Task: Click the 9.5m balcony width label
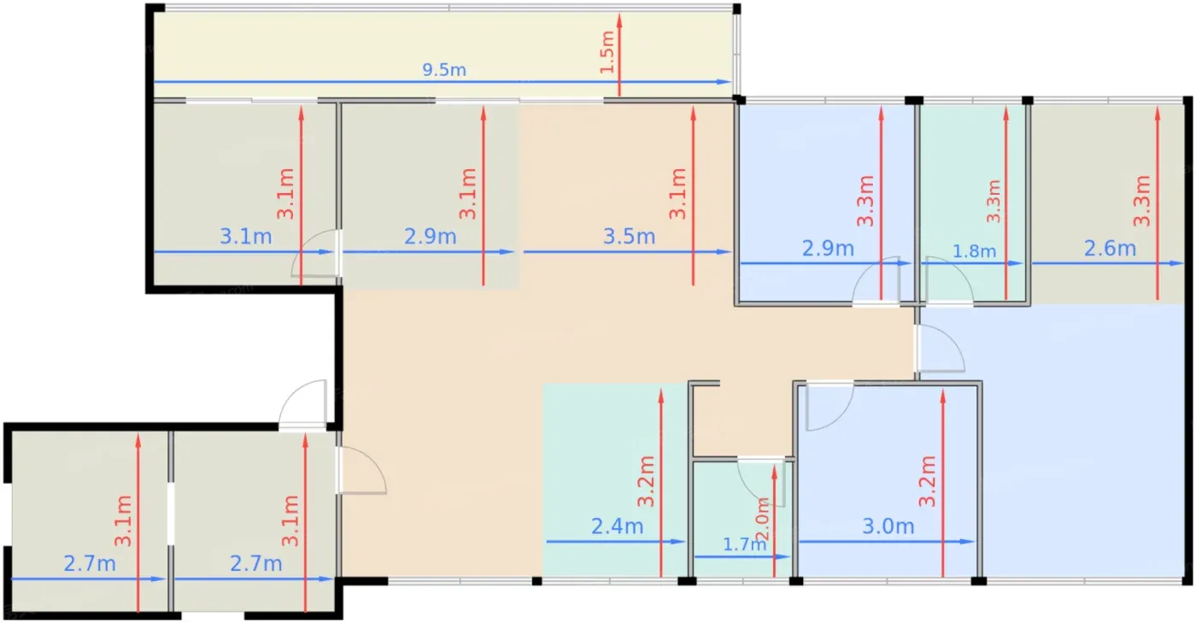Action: pyautogui.click(x=443, y=69)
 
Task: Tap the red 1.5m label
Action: pyautogui.click(x=607, y=52)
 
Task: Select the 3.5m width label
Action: pyautogui.click(x=629, y=236)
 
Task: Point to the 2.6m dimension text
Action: pyautogui.click(x=1110, y=249)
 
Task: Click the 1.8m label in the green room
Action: pyautogui.click(x=975, y=250)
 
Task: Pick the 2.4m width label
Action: pyautogui.click(x=617, y=526)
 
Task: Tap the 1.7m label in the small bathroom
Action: pyautogui.click(x=744, y=544)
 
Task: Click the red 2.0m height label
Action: pyautogui.click(x=762, y=519)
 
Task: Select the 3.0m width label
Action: pyautogui.click(x=888, y=526)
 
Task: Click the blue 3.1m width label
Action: pyautogui.click(x=246, y=236)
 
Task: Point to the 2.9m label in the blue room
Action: pyautogui.click(x=828, y=249)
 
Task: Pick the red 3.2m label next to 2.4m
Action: pyautogui.click(x=646, y=481)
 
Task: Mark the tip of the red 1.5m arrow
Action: pyautogui.click(x=619, y=14)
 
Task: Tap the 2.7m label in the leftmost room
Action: pyautogui.click(x=90, y=564)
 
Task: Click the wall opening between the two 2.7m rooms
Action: pyautogui.click(x=171, y=514)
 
